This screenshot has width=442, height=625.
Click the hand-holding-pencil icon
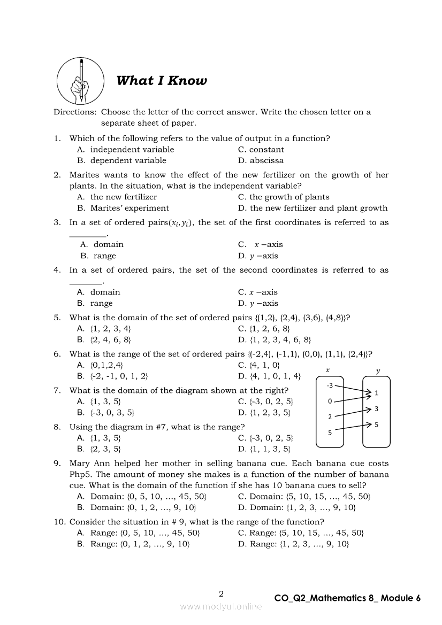click(x=81, y=81)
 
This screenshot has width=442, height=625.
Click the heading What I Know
click(x=161, y=81)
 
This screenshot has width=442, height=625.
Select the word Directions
click(x=75, y=112)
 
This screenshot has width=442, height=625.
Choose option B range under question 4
click(x=101, y=303)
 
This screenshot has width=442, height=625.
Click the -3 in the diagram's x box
click(x=330, y=385)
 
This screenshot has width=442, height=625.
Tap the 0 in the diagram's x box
click(x=330, y=401)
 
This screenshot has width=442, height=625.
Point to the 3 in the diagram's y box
click(x=377, y=409)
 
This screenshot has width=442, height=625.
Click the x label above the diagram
click(x=327, y=370)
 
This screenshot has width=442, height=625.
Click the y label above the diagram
click(x=378, y=370)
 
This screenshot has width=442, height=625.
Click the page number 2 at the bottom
click(x=221, y=593)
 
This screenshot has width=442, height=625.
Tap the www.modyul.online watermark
click(x=221, y=606)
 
